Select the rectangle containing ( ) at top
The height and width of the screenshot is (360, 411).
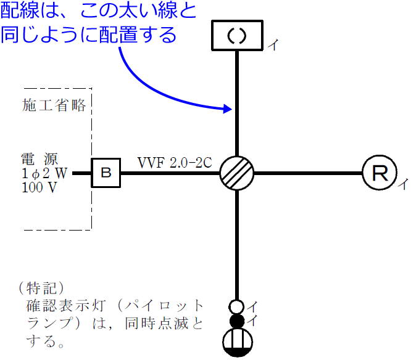point(238,35)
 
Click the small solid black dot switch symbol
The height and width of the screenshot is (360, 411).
point(237,321)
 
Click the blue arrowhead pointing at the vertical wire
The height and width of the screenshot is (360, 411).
point(226,110)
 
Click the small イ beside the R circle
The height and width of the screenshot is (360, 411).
point(401,184)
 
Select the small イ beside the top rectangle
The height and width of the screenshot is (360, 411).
point(272,44)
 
